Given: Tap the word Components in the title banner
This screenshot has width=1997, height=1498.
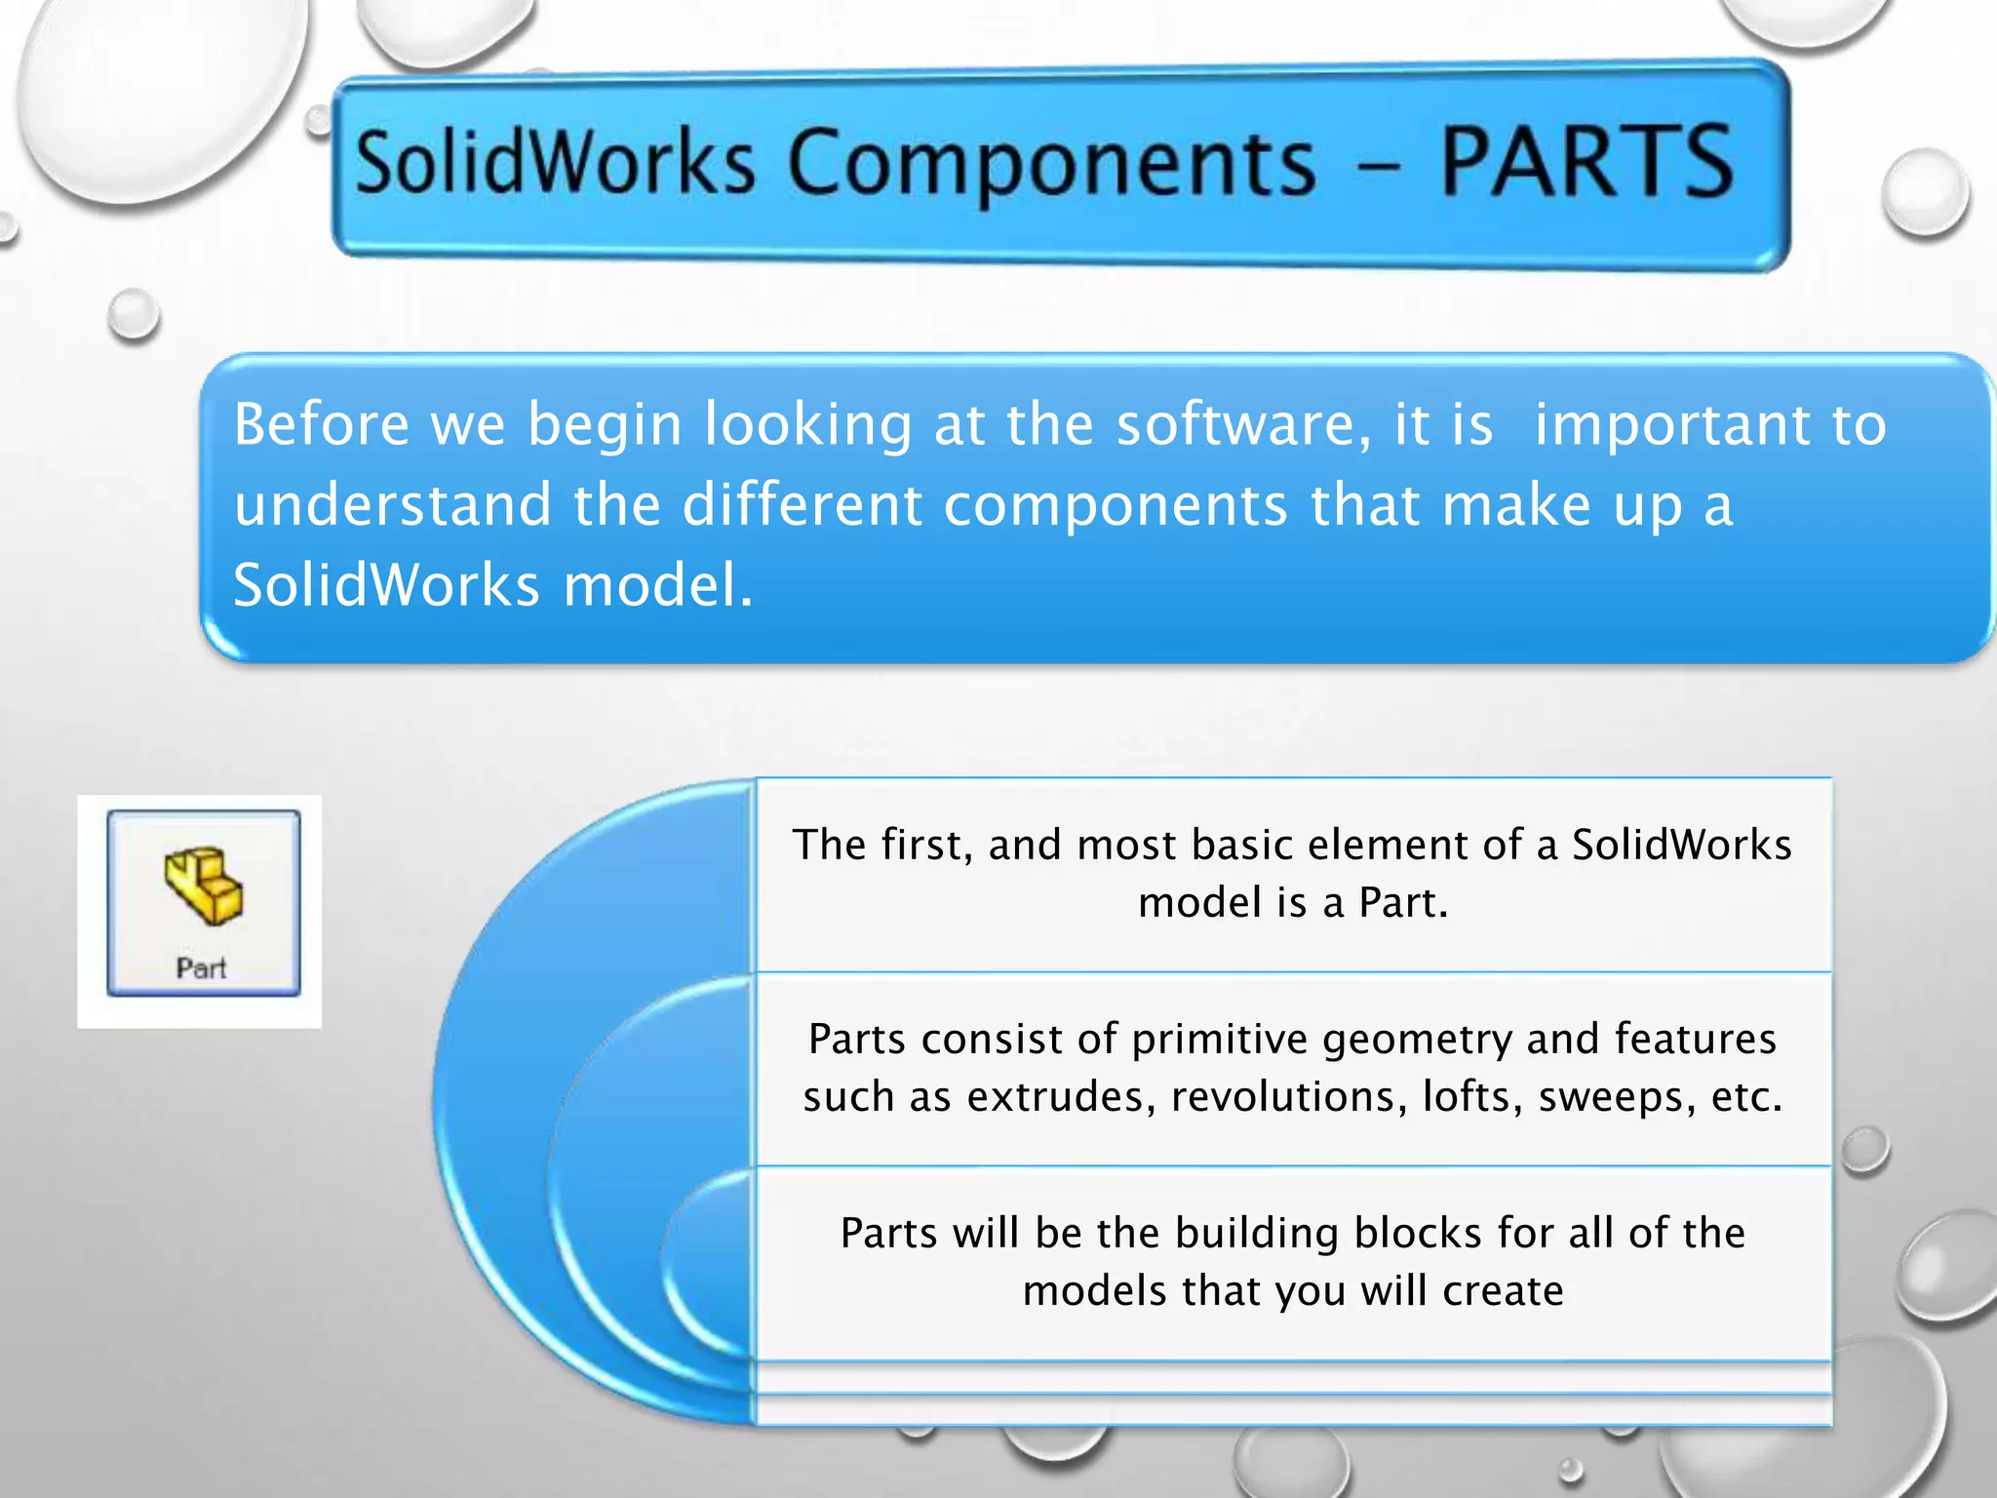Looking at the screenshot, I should point(1051,164).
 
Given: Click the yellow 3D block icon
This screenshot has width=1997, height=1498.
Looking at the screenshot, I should point(204,885).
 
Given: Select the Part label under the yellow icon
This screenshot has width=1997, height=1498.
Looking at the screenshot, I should point(201,968).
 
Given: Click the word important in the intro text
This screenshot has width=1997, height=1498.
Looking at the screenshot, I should point(1671,425).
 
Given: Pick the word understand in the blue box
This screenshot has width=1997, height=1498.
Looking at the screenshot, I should point(393,505).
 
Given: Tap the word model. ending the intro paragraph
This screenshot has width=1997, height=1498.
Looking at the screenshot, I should point(658,585).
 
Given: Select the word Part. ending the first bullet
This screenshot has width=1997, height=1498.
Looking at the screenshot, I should point(1403,903).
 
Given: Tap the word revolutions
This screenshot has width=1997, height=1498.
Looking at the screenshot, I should point(1289,1097).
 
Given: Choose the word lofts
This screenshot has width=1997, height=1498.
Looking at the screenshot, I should point(1472,1097).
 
